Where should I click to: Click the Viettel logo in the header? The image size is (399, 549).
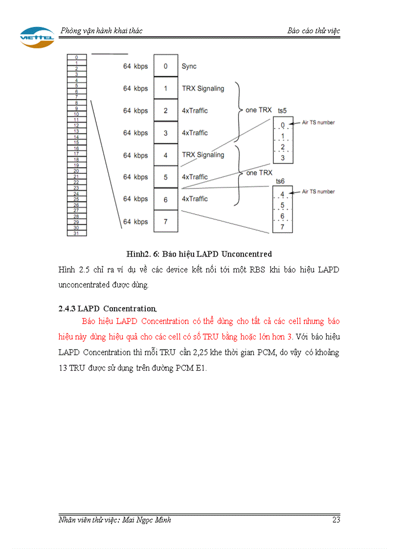37,37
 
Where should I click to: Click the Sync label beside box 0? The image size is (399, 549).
189,66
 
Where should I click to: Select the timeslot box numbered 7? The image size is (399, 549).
165,221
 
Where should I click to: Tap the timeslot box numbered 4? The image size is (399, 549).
165,155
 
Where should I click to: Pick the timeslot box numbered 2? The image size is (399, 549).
165,110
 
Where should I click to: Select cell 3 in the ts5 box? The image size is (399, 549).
283,157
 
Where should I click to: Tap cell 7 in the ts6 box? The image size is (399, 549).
282,227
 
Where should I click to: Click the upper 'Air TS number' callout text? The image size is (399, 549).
318,123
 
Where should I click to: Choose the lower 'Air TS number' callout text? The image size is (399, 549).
318,192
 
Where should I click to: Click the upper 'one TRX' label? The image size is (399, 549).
258,110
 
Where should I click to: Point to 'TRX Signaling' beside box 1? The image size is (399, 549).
202,88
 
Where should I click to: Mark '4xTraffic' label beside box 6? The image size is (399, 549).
195,199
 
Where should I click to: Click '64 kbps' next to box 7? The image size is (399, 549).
135,222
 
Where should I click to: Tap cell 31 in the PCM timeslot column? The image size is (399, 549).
77,233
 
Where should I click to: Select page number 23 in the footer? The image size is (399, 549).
336,520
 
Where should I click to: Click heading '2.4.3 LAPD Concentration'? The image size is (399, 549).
107,309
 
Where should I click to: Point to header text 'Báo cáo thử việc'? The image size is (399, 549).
313,31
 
